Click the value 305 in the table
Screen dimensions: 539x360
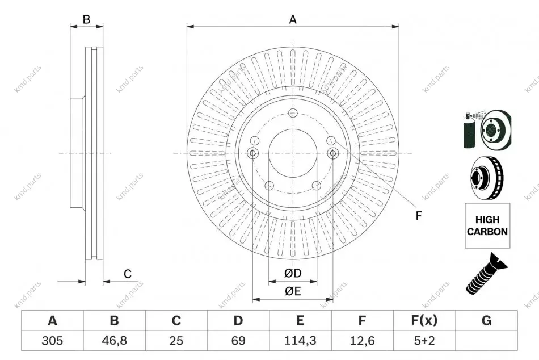click(52, 341)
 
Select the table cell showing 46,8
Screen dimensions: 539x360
click(114, 341)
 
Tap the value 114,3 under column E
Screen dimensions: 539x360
click(300, 341)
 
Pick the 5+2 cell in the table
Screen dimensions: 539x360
click(424, 341)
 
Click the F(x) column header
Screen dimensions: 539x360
click(424, 320)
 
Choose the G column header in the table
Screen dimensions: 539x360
click(486, 320)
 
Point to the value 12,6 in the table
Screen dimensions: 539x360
click(362, 341)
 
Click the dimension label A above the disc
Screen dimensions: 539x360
click(293, 19)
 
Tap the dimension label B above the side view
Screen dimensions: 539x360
click(86, 19)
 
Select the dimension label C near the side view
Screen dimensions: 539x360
click(128, 274)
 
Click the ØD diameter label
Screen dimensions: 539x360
click(293, 273)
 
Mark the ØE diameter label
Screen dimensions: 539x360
click(293, 291)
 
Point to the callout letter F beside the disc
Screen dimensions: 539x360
click(418, 216)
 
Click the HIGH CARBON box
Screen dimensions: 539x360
click(487, 225)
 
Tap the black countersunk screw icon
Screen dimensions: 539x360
click(486, 274)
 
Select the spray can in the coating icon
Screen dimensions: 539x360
click(469, 131)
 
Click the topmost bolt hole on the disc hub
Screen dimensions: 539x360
click(293, 112)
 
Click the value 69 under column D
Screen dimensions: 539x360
click(238, 341)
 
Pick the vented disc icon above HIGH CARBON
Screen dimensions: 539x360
click(487, 178)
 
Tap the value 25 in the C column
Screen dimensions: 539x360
click(176, 341)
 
